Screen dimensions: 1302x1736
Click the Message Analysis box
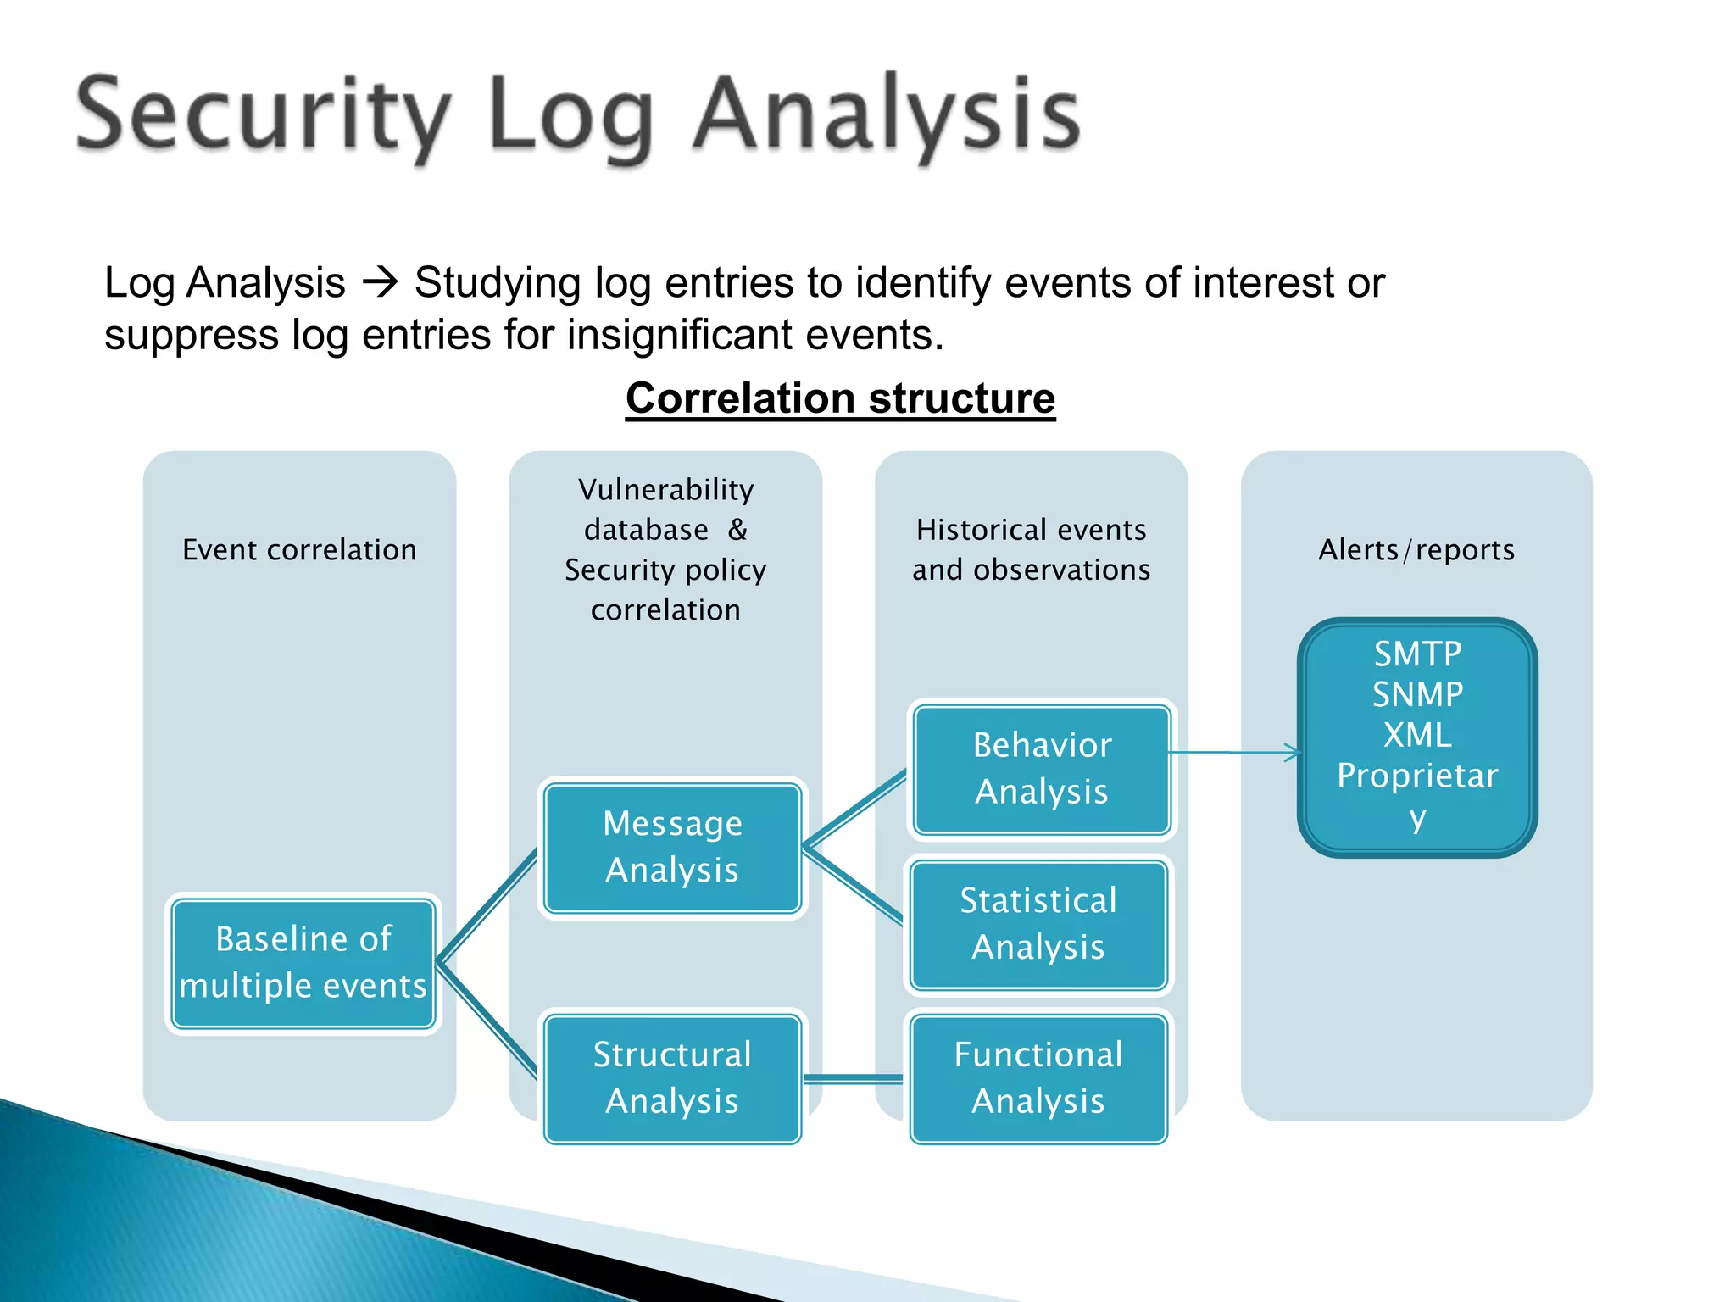tap(672, 847)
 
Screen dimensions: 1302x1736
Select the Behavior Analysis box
tap(1042, 769)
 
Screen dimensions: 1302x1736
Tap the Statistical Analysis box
tap(1038, 924)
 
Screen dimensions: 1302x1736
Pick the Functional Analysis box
tap(1038, 1078)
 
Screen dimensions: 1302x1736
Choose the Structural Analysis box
tap(672, 1078)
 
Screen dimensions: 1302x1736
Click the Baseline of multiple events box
tap(303, 963)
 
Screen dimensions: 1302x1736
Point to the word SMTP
tap(1417, 654)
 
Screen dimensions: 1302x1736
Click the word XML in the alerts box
tap(1417, 735)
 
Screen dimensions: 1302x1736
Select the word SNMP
tap(1417, 695)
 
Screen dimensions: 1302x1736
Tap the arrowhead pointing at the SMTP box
tap(1293, 753)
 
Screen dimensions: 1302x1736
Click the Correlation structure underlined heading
tap(840, 398)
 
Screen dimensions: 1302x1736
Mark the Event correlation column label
tap(299, 550)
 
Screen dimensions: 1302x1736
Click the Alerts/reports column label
tap(1416, 550)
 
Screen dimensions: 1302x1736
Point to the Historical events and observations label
tap(1031, 549)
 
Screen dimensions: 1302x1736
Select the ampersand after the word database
tap(737, 530)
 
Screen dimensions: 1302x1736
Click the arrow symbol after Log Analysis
tap(380, 282)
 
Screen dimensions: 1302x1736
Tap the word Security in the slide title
tap(263, 114)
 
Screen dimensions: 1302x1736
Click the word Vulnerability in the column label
tap(665, 490)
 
